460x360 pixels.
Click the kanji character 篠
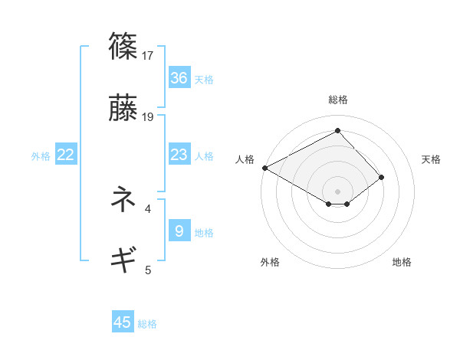tap(124, 46)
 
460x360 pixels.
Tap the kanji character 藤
tap(124, 109)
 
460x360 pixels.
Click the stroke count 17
tap(148, 55)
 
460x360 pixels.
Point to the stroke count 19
tap(148, 117)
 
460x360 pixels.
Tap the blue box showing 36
tap(179, 78)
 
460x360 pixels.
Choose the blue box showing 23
tap(179, 155)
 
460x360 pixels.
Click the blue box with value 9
tap(179, 231)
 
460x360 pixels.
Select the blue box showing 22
tap(66, 155)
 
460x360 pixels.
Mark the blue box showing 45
tap(123, 322)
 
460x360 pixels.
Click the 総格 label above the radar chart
tap(337, 100)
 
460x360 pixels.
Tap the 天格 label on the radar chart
tap(432, 159)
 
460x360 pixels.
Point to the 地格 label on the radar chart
tap(402, 262)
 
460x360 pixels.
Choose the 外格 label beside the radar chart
tap(270, 262)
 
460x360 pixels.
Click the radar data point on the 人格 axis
tap(264, 167)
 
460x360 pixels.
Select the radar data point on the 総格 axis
tap(337, 131)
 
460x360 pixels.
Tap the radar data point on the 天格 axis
tap(382, 177)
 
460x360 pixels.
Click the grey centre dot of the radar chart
tap(337, 191)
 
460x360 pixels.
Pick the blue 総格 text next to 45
tap(147, 324)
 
